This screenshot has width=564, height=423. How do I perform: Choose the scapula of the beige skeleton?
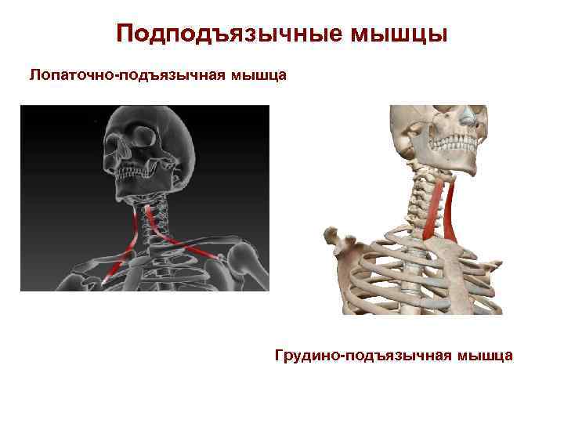pos(345,243)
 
